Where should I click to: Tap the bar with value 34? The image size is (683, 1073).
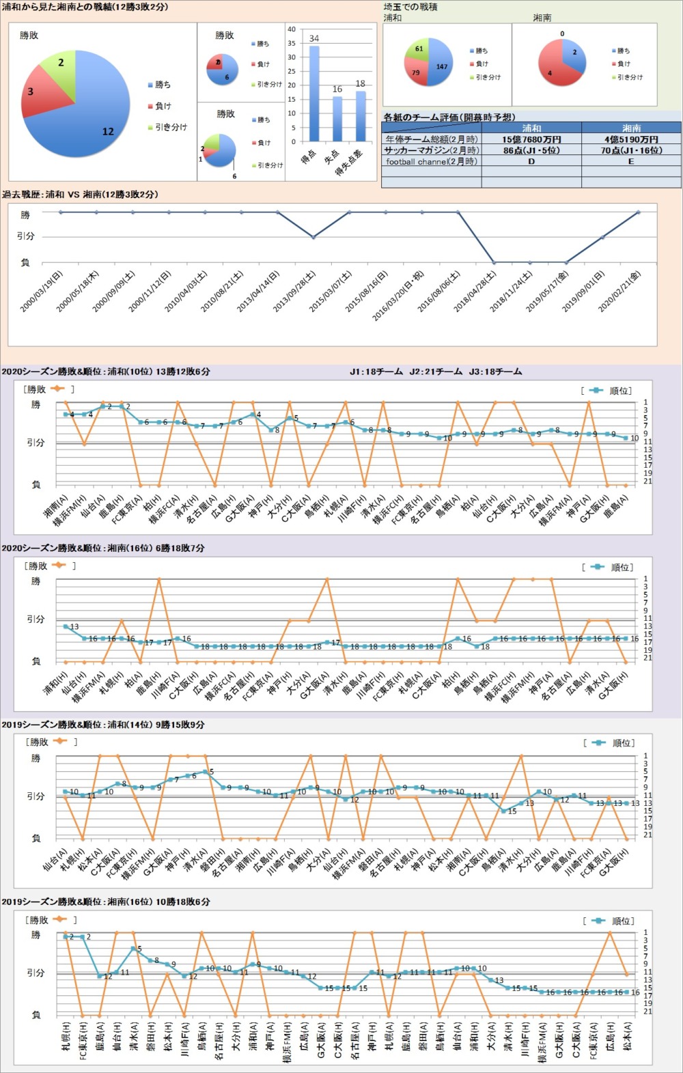click(314, 93)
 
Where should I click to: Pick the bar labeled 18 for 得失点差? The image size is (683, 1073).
click(360, 116)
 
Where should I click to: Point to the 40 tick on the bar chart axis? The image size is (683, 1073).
click(292, 29)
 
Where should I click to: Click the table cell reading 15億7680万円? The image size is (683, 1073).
click(531, 139)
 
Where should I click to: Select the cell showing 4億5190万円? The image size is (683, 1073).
click(631, 139)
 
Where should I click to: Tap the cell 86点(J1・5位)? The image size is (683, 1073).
click(531, 150)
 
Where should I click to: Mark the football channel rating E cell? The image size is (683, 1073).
click(631, 162)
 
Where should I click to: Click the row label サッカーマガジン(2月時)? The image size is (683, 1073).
click(431, 150)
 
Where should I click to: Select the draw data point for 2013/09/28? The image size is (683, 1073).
click(313, 237)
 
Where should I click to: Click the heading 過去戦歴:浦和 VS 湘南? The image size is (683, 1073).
click(80, 195)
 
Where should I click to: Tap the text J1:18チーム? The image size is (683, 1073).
click(376, 372)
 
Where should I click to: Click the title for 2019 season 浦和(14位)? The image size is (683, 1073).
click(103, 725)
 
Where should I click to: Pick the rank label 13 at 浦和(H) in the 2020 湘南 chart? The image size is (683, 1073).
click(74, 626)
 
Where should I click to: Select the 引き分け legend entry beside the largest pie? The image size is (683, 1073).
click(170, 127)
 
